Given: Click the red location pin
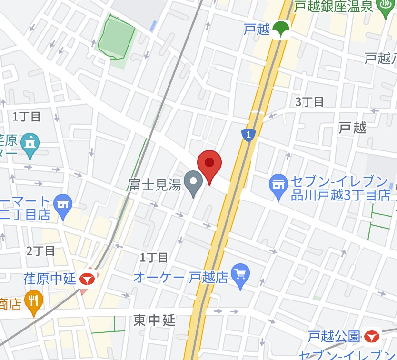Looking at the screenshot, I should tap(209, 164).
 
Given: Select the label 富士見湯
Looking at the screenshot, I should tap(155, 185).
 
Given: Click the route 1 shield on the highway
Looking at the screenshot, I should tap(248, 135).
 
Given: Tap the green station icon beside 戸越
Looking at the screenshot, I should tap(281, 30).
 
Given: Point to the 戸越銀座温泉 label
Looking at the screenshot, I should tap(334, 7).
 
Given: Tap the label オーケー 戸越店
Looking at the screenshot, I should tap(180, 277).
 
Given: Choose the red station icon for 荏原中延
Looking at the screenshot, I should tap(88, 280).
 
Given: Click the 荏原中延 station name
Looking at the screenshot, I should tap(50, 279).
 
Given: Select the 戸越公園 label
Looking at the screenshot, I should tap(334, 336).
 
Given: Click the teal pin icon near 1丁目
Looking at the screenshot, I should tap(30, 143).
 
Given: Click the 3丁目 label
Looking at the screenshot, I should tap(309, 101).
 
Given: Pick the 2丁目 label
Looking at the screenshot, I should tap(41, 250).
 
